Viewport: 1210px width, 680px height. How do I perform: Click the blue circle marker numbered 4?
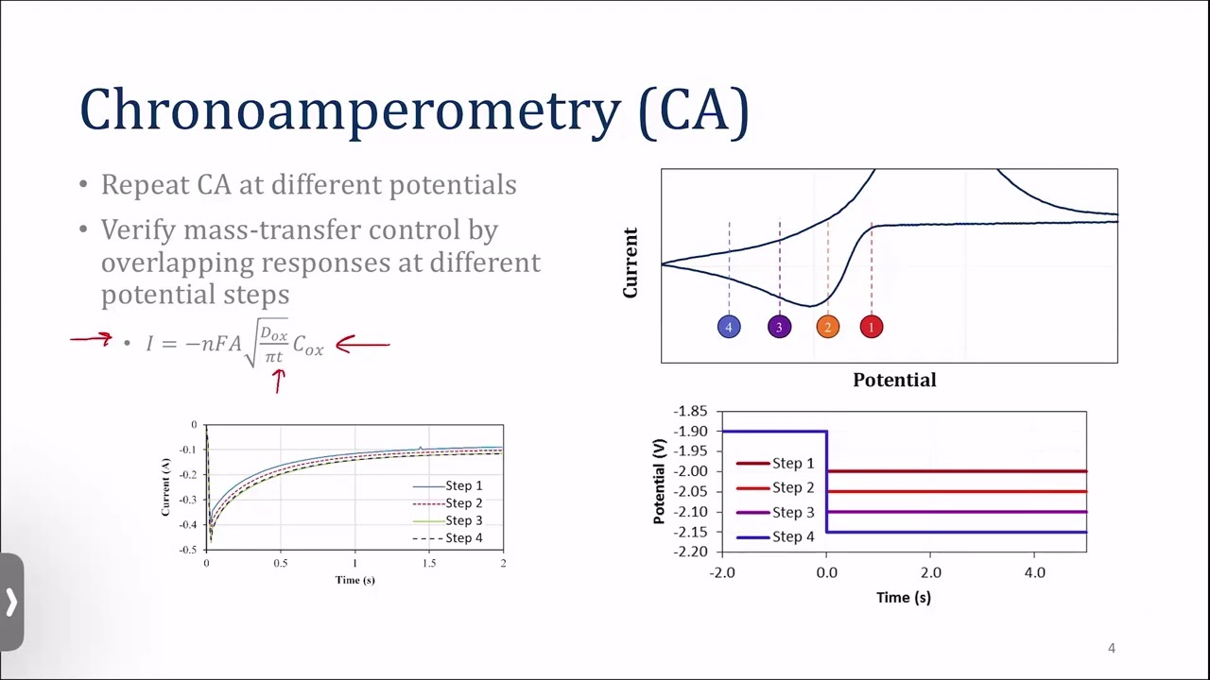[729, 327]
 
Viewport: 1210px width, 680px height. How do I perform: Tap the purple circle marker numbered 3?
[779, 327]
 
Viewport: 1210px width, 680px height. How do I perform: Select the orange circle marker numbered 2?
[827, 327]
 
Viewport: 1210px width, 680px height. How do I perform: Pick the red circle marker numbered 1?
[872, 327]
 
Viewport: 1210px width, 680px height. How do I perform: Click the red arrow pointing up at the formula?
[279, 380]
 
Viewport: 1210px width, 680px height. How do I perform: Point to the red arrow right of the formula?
[362, 345]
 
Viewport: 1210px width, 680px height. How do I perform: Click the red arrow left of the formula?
[91, 339]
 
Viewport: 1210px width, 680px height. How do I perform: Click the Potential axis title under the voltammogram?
[894, 380]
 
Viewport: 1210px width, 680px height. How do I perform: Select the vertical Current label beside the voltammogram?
[631, 263]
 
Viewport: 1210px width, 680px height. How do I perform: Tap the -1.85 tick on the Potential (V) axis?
[690, 412]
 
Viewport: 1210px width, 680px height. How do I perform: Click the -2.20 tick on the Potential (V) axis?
[690, 552]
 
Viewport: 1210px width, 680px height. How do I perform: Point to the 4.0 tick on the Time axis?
[1034, 572]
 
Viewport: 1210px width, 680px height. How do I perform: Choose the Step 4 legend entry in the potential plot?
[775, 536]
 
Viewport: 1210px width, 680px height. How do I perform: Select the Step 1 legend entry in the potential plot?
[775, 463]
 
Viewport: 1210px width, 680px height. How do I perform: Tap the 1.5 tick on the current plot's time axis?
[429, 563]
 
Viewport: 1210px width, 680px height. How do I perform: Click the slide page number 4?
[1112, 648]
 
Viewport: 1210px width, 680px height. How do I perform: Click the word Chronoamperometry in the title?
[350, 110]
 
